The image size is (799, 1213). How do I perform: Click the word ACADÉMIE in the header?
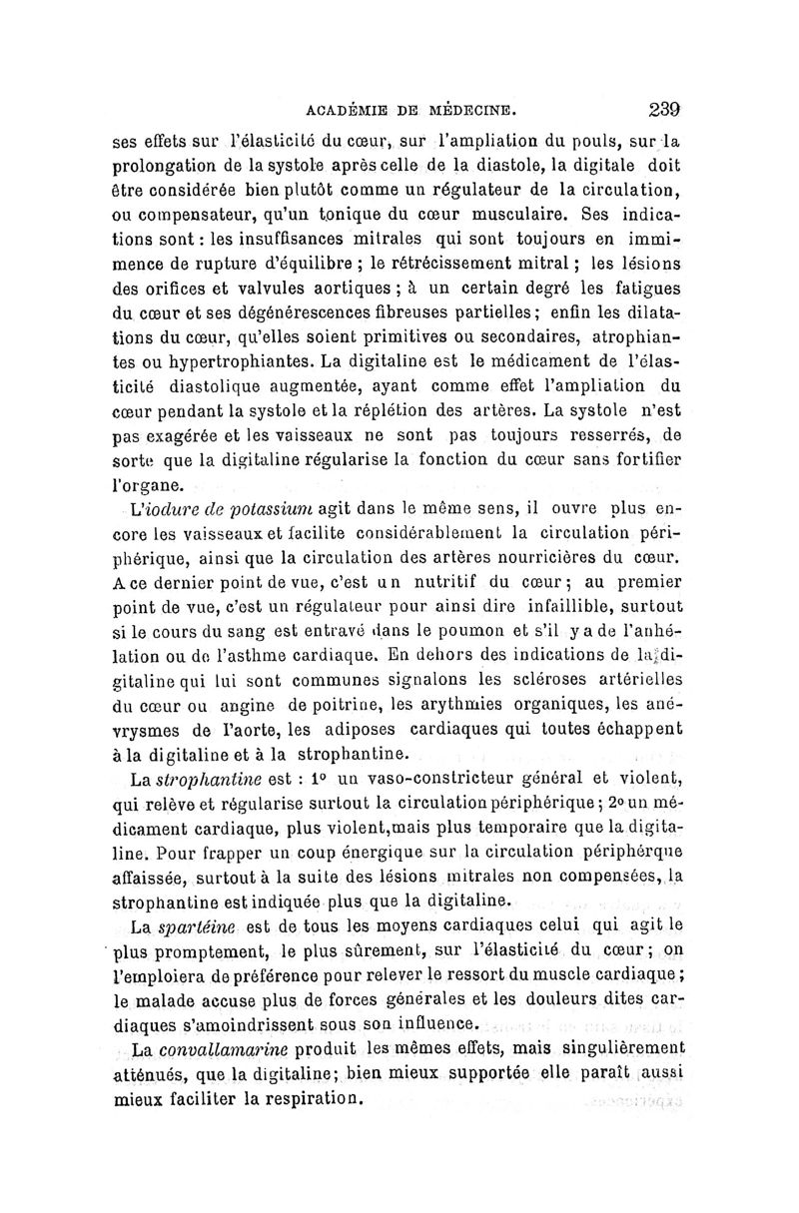click(x=345, y=112)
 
